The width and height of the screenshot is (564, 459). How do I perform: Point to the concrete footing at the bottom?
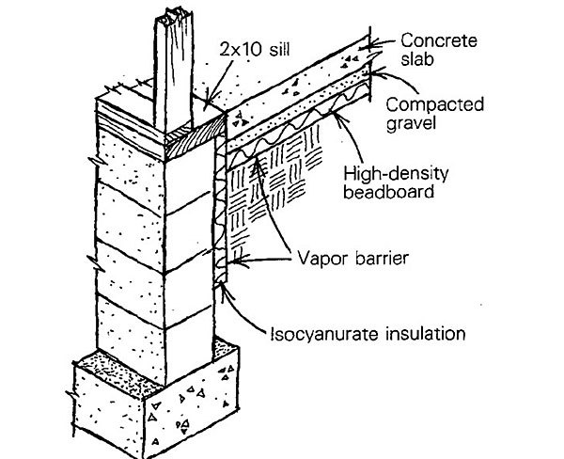(x=160, y=395)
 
